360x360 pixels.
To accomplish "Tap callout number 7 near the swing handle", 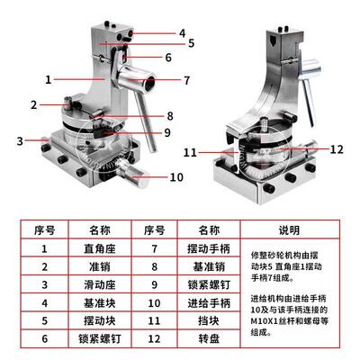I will coord(185,80).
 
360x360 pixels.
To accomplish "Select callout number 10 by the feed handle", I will coord(176,177).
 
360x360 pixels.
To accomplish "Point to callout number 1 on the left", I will coord(48,78).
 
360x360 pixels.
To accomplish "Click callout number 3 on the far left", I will coord(19,140).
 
